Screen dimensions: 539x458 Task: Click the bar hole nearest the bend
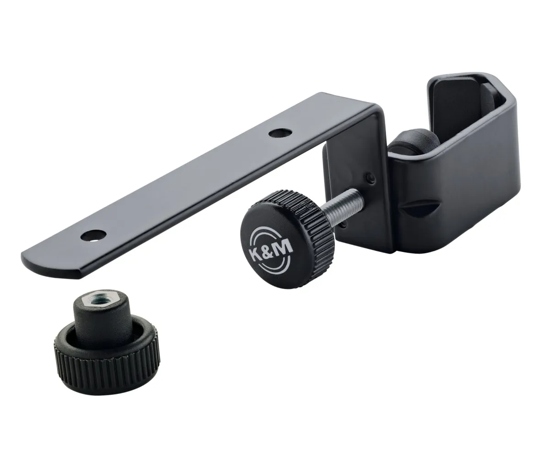pos(279,132)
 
